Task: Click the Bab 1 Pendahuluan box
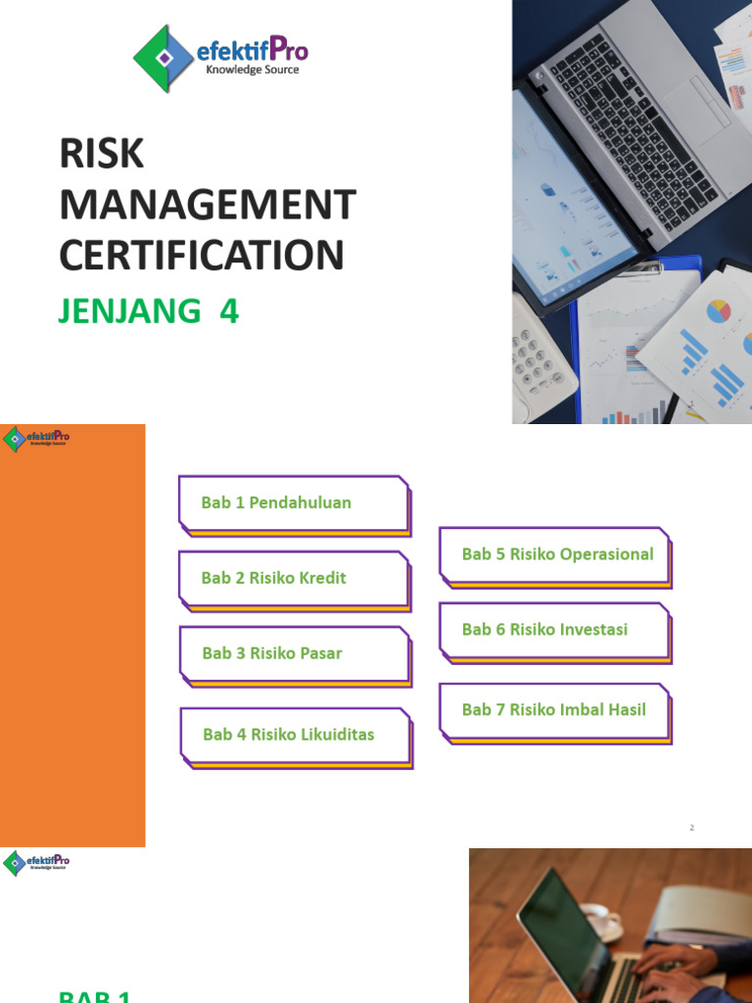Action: [x=293, y=503]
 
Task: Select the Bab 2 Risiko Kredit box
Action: [x=293, y=578]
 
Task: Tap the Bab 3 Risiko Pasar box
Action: [x=294, y=653]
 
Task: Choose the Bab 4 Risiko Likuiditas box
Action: [x=295, y=735]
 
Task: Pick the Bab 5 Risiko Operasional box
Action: [x=555, y=554]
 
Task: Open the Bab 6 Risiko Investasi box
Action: [x=554, y=630]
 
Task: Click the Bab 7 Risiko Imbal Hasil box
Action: [x=554, y=710]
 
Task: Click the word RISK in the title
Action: [x=102, y=155]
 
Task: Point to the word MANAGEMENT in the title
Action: [x=208, y=206]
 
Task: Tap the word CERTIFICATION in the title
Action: [x=202, y=256]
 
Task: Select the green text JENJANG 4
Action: [x=149, y=311]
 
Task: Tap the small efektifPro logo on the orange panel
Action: [x=36, y=438]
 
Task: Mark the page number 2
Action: [x=691, y=828]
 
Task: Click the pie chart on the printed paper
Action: [x=720, y=310]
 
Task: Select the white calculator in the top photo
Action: [x=541, y=358]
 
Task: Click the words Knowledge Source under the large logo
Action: [x=252, y=71]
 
